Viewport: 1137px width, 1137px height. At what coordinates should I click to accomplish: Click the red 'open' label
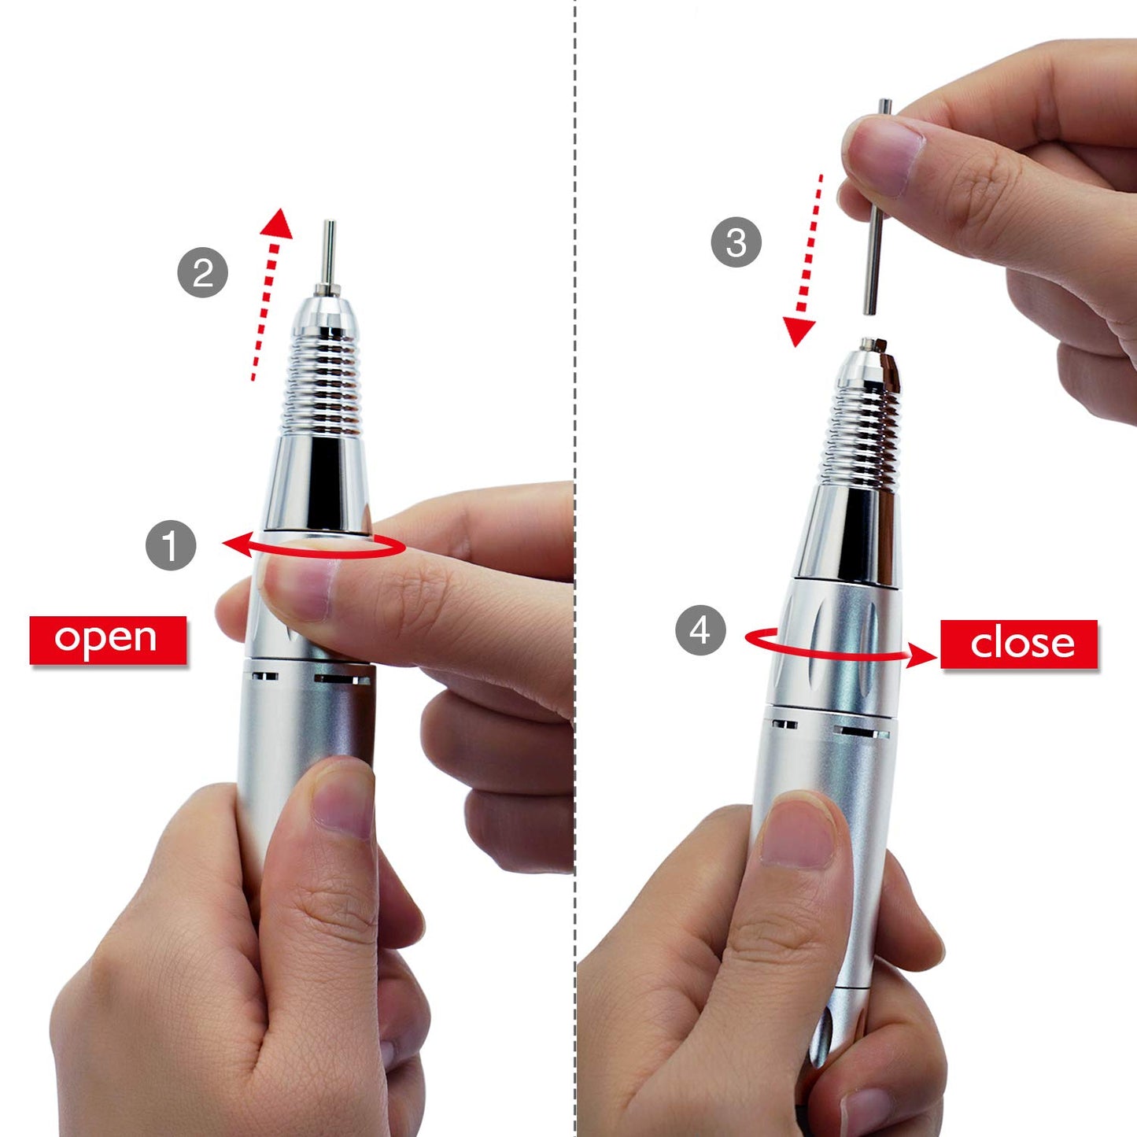click(108, 640)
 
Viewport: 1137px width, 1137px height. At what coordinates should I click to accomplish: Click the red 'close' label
click(1019, 644)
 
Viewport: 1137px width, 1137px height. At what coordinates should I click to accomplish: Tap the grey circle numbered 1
click(171, 545)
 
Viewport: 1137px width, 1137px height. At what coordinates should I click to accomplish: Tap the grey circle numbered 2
click(203, 273)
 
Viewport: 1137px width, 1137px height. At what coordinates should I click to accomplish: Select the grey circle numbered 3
click(736, 242)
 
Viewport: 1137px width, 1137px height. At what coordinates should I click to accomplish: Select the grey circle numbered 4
click(700, 629)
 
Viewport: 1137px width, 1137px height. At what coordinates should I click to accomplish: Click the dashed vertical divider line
click(575, 236)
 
